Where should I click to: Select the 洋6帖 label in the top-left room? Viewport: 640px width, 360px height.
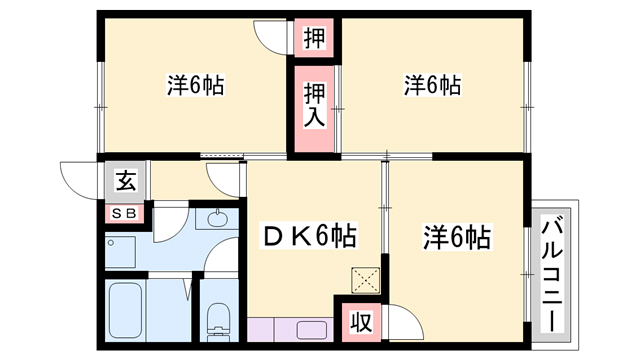pos(194,86)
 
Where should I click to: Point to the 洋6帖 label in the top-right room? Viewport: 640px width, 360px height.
pos(432,86)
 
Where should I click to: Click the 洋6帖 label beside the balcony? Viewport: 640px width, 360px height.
pos(455,238)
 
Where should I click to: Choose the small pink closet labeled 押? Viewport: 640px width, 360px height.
pos(315,39)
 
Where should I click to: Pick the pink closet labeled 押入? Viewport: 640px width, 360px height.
pos(314,104)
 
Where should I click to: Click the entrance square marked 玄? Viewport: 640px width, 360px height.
pos(126,181)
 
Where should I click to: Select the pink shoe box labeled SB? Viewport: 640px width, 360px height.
pos(126,213)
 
